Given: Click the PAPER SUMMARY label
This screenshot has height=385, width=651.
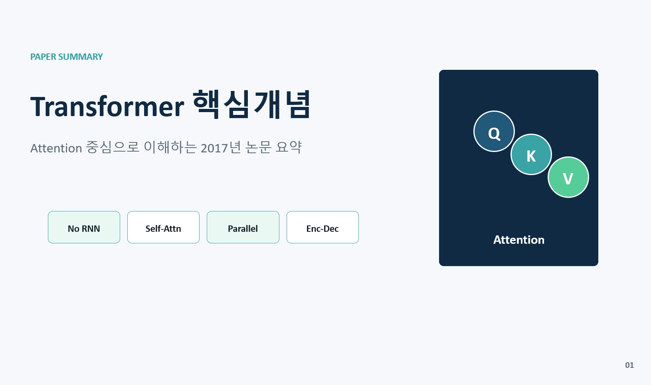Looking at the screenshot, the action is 67,57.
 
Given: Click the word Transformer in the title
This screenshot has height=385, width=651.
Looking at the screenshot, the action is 107,107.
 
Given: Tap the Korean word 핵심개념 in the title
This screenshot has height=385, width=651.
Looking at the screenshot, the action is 252,104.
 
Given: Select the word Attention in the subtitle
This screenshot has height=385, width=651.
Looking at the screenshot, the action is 56,148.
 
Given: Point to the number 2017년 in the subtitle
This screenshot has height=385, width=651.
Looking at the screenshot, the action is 221,148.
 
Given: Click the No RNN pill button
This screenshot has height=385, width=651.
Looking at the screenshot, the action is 84,227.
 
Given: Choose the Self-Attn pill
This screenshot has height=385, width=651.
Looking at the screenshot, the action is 163,227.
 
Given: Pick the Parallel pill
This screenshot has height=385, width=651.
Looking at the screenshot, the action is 243,227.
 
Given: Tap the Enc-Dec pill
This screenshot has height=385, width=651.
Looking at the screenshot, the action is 323,227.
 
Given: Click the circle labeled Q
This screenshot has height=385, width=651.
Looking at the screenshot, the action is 494,131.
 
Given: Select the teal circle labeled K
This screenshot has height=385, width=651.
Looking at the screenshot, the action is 531,154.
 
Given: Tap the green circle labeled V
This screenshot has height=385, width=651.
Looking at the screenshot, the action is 568,177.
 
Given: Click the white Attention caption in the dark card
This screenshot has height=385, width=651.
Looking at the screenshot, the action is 519,240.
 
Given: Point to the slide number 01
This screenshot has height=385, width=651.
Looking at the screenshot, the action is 629,365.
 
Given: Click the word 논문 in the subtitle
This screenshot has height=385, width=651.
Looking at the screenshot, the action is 258,147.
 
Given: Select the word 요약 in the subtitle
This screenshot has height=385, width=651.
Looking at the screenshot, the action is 289,147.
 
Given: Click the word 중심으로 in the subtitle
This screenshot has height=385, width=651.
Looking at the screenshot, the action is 113,147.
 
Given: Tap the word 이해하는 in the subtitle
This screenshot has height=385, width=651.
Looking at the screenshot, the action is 170,147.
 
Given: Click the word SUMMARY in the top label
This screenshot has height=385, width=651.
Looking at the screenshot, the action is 81,57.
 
